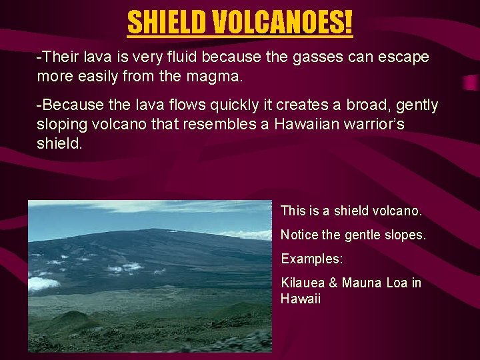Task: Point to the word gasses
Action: [x=308, y=57]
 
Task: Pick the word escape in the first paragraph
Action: [x=405, y=57]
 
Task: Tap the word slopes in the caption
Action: [x=403, y=235]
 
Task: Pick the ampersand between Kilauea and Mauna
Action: [x=334, y=283]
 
